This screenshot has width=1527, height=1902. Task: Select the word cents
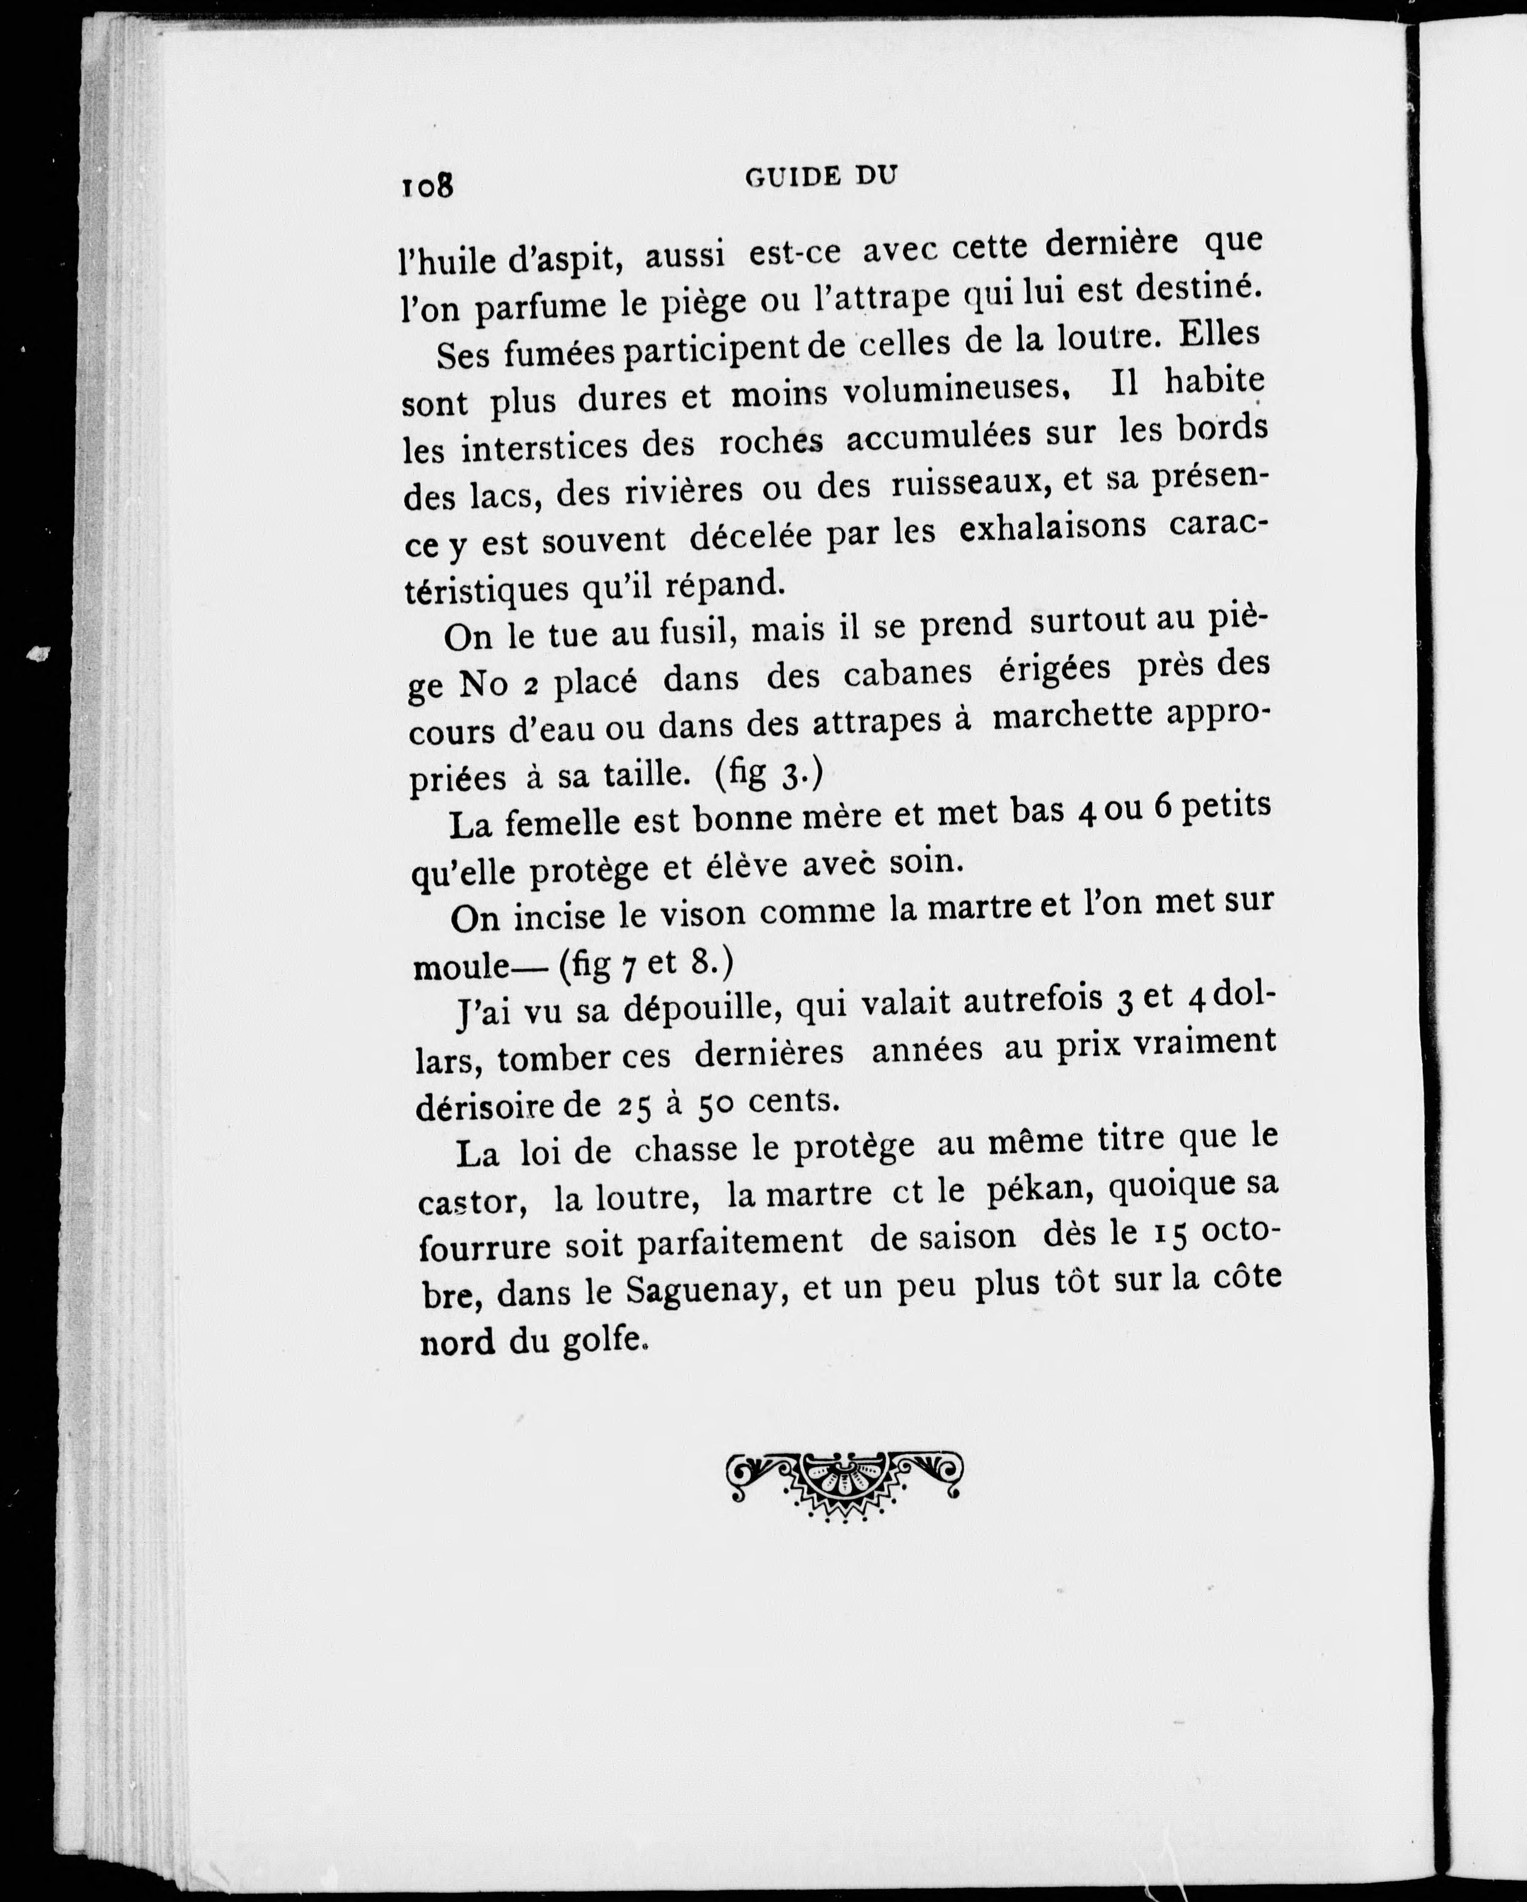[790, 1100]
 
